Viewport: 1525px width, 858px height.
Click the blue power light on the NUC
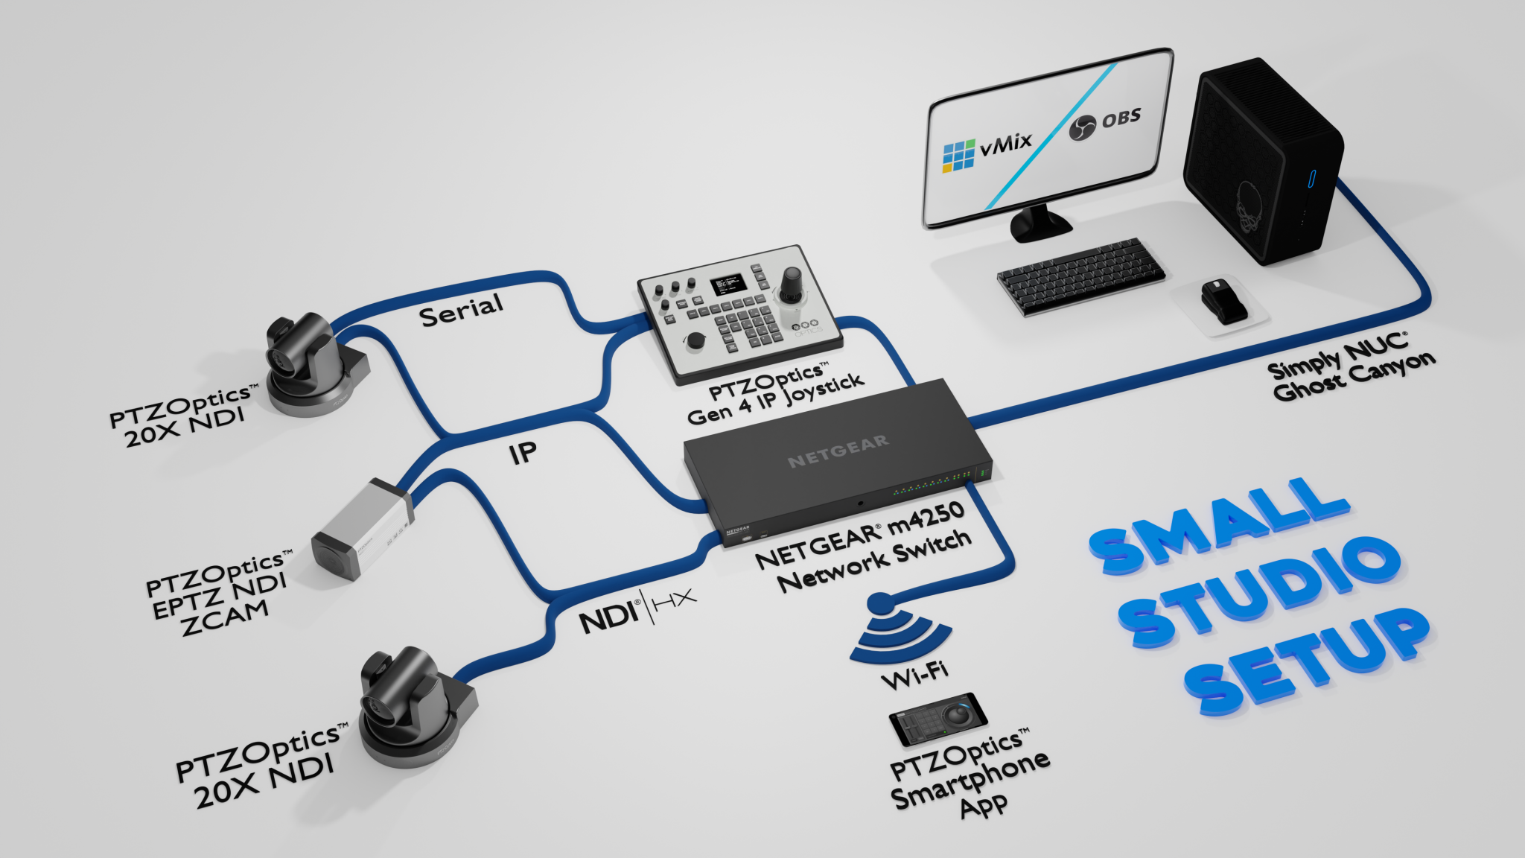[x=1311, y=179]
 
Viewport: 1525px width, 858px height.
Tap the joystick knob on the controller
[x=791, y=282]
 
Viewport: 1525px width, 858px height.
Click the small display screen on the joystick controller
[x=728, y=284]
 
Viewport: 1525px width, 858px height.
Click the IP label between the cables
[x=523, y=452]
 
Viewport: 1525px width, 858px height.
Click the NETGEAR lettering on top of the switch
[x=838, y=451]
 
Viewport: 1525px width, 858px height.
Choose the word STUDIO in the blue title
[x=1258, y=594]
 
